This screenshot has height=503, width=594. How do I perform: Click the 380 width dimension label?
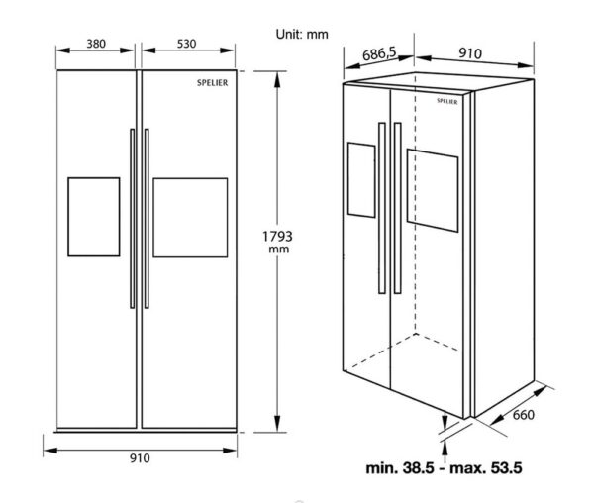click(x=95, y=45)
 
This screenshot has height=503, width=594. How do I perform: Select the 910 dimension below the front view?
click(x=139, y=457)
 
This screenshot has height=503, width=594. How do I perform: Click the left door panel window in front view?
click(x=93, y=217)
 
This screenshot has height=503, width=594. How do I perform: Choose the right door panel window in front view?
click(x=190, y=217)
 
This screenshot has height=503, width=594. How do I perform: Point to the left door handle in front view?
click(x=132, y=217)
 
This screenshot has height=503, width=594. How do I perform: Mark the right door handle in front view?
click(x=146, y=217)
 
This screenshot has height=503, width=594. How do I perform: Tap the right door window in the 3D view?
click(x=434, y=192)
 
